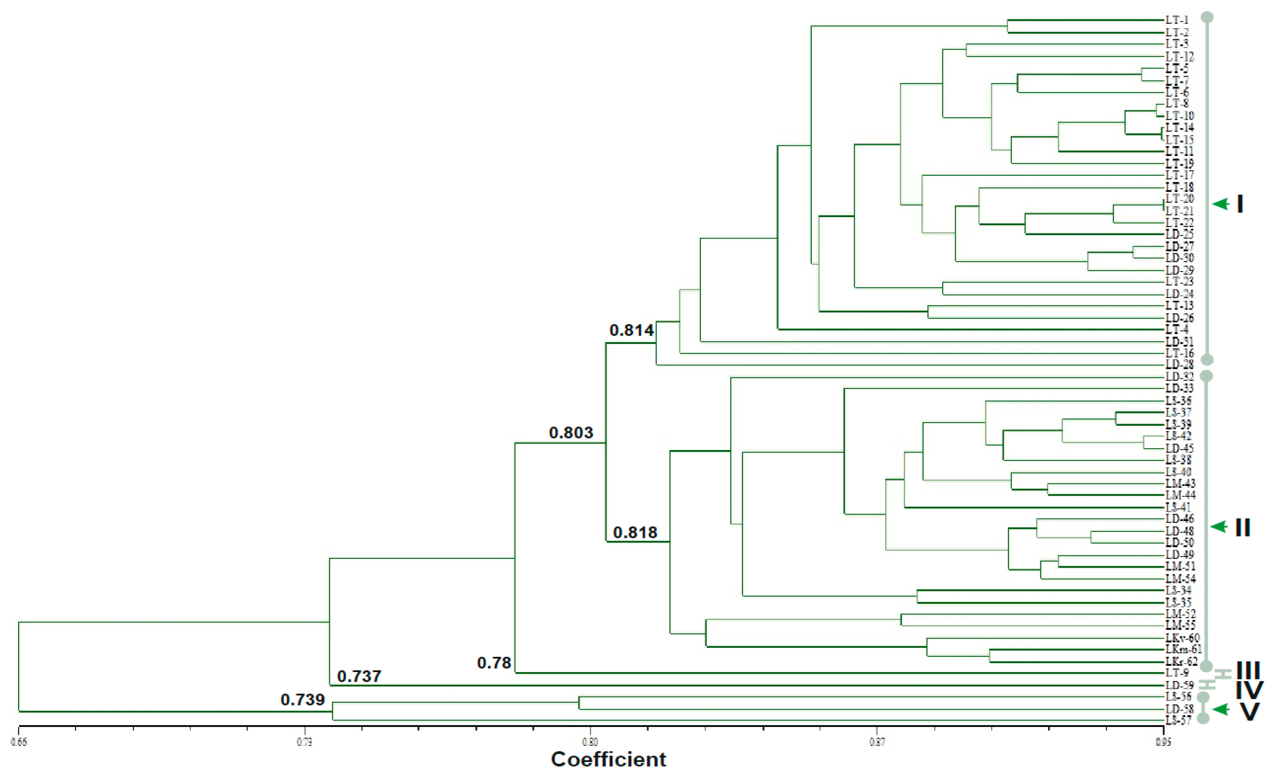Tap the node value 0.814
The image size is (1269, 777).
pos(632,330)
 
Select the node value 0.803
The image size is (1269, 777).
pos(571,433)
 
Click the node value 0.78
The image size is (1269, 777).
pos(494,663)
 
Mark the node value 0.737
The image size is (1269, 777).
pos(359,676)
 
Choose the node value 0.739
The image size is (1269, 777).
pos(302,700)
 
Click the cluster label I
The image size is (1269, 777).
pos(1239,204)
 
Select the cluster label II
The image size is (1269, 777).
pos(1243,528)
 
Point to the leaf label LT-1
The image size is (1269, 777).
pos(1177,20)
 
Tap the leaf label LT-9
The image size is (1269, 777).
pos(1177,673)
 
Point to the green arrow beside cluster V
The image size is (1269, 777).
pos(1221,710)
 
